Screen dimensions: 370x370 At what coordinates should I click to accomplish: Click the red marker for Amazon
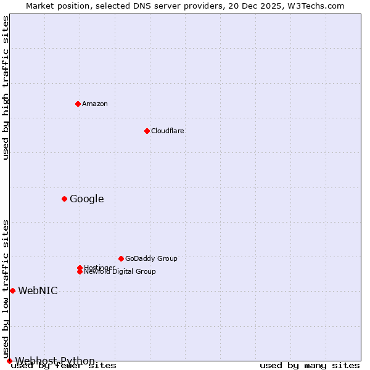point(78,104)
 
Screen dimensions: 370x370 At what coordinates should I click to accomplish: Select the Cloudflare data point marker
point(147,131)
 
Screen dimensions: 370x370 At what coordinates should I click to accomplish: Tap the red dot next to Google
point(64,199)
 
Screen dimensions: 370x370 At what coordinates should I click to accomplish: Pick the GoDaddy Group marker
point(121,258)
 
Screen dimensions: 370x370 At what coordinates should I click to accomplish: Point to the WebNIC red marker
point(12,290)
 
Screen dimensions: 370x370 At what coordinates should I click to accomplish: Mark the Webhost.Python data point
point(9,361)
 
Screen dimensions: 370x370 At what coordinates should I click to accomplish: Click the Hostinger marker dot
point(80,268)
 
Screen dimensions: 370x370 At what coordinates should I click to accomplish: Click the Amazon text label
point(95,104)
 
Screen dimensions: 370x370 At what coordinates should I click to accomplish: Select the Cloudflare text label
point(168,131)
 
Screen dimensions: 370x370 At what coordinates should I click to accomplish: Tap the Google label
point(86,199)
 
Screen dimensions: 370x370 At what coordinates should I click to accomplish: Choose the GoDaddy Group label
point(151,258)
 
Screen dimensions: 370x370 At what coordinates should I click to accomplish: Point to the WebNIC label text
point(38,290)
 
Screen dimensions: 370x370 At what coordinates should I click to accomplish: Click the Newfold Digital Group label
point(120,272)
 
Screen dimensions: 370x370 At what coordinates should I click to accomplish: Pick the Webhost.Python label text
point(55,361)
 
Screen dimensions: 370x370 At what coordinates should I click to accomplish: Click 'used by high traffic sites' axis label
point(6,88)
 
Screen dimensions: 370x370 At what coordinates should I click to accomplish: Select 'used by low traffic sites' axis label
point(6,289)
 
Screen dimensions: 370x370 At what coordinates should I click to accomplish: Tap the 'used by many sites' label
point(310,366)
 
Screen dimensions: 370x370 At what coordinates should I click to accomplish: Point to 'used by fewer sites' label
point(64,366)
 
